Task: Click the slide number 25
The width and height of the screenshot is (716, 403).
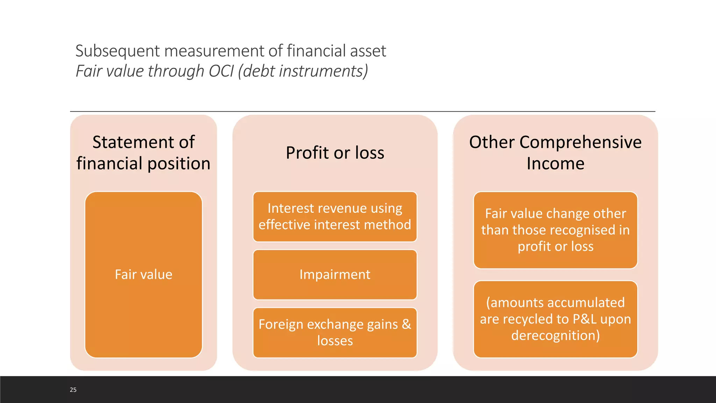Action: (x=73, y=390)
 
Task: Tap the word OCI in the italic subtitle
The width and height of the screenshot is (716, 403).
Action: (x=221, y=71)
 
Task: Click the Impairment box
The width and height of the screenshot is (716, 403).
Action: (x=335, y=275)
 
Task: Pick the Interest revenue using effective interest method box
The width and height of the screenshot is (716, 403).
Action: (x=335, y=217)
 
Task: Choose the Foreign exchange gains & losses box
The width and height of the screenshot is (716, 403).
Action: (x=335, y=332)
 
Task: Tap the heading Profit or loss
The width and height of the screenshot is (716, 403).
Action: (x=335, y=153)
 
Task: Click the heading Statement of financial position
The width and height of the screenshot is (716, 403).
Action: (x=143, y=153)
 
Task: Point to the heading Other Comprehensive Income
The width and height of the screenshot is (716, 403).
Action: (x=555, y=153)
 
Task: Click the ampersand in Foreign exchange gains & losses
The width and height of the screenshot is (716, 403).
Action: (x=406, y=324)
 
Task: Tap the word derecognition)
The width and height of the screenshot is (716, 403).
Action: (x=555, y=335)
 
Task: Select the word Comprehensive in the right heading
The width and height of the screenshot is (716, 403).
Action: (x=580, y=142)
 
